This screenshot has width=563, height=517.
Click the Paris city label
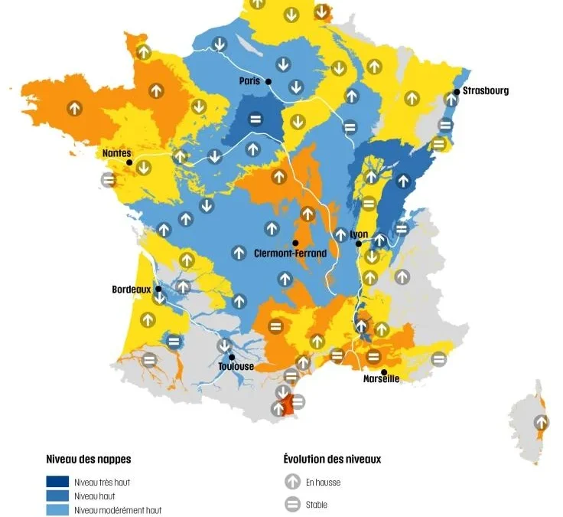pyautogui.click(x=249, y=81)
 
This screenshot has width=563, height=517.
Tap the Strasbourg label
pyautogui.click(x=485, y=90)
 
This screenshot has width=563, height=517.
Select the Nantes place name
pyautogui.click(x=116, y=153)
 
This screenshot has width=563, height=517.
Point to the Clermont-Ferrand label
pyautogui.click(x=290, y=254)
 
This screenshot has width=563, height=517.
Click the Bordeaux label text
pyautogui.click(x=132, y=290)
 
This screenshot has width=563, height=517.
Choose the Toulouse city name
pyautogui.click(x=236, y=366)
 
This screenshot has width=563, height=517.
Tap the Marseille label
pyautogui.click(x=380, y=379)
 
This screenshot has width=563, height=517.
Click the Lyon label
pyautogui.click(x=359, y=234)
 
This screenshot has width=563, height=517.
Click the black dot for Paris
pyautogui.click(x=268, y=81)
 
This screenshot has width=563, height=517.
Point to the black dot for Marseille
pyautogui.click(x=384, y=371)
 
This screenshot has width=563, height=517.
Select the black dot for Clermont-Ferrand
pyautogui.click(x=295, y=243)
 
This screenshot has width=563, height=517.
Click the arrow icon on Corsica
pyautogui.click(x=542, y=422)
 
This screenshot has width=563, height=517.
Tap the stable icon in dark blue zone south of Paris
pyautogui.click(x=255, y=119)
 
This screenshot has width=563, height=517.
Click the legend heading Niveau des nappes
pyautogui.click(x=89, y=460)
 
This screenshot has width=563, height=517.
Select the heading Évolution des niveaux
pyautogui.click(x=332, y=460)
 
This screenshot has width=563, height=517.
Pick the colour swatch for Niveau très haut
pyautogui.click(x=57, y=482)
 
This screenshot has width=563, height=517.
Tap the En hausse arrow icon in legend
pyautogui.click(x=292, y=482)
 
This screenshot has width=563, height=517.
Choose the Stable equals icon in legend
pyautogui.click(x=292, y=505)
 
